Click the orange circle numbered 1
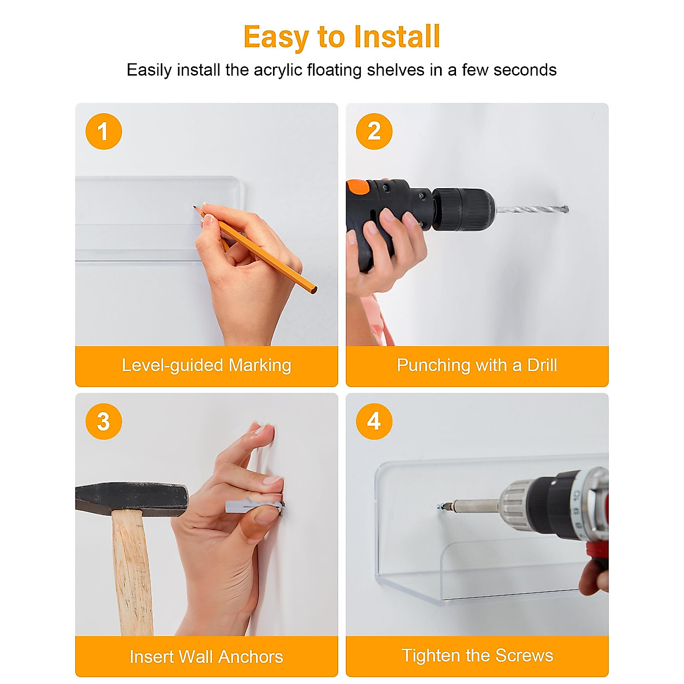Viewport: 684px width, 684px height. click(104, 131)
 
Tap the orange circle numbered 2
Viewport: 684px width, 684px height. click(374, 131)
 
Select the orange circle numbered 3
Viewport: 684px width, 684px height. click(104, 421)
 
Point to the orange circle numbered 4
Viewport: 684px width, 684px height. click(374, 421)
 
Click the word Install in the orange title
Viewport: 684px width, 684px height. click(397, 36)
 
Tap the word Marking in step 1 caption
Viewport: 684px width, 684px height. click(260, 365)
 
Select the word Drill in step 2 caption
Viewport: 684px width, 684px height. click(542, 365)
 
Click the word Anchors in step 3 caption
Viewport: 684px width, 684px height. click(251, 657)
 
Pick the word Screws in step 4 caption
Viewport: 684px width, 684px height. click(524, 655)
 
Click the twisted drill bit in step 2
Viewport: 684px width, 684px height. click(532, 210)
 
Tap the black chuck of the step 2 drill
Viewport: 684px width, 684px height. click(464, 209)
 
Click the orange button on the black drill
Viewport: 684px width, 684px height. click(358, 187)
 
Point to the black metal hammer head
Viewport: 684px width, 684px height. click(132, 498)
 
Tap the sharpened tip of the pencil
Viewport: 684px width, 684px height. click(194, 206)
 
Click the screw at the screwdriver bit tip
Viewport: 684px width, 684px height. click(439, 506)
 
